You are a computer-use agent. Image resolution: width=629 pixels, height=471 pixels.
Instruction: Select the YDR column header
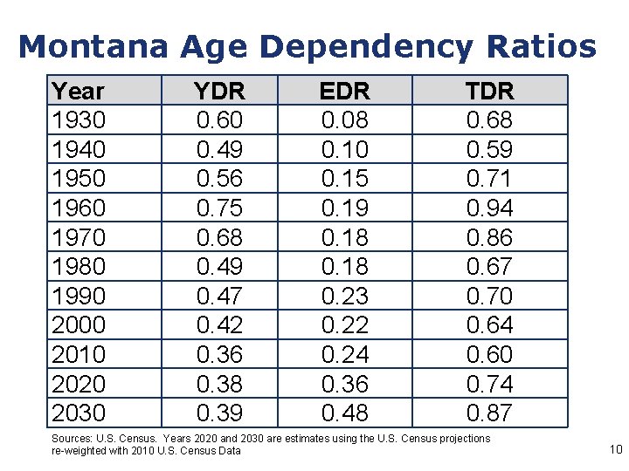point(219,91)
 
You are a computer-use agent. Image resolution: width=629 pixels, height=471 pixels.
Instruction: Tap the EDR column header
point(344,91)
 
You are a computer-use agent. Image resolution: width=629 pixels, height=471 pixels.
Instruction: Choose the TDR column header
point(489,91)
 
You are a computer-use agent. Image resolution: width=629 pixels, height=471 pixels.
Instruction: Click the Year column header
point(78,91)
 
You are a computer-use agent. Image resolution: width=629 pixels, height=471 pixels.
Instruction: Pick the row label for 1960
point(78,208)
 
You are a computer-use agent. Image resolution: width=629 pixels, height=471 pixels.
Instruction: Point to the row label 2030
point(78,413)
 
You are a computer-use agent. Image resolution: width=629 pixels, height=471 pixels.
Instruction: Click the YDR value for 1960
point(219,208)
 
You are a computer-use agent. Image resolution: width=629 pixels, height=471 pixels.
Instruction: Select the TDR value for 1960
point(489,208)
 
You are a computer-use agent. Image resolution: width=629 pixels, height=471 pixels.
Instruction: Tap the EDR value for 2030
point(344,413)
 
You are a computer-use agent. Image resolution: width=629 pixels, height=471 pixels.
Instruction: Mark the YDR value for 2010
point(219,354)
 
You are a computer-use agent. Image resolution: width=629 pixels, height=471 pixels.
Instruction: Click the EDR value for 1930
point(344,119)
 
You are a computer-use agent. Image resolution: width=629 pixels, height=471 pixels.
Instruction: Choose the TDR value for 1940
point(489,149)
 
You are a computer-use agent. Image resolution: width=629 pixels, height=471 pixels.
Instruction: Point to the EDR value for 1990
point(344,296)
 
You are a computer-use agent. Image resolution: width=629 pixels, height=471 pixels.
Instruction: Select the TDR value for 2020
point(489,384)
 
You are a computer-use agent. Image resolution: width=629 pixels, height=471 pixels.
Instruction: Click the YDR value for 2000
point(219,324)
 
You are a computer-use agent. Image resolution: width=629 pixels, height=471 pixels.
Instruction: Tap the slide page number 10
point(615,450)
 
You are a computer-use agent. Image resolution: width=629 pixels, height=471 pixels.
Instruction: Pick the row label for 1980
point(78,266)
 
